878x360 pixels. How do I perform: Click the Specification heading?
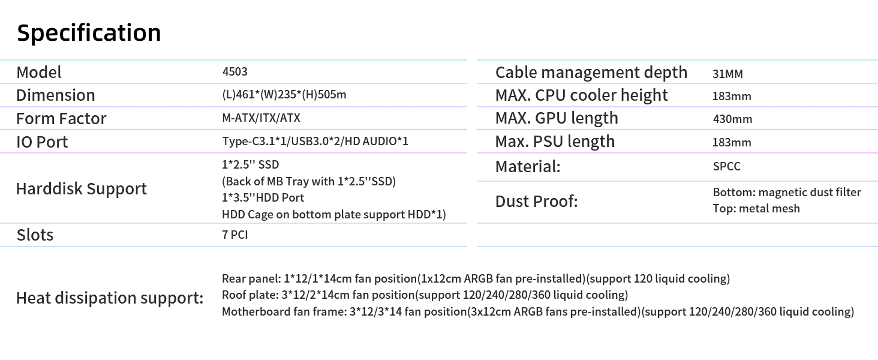point(89,33)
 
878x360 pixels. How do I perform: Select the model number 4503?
point(234,72)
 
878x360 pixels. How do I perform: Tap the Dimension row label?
point(56,95)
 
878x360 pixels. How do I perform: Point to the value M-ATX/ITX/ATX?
point(261,118)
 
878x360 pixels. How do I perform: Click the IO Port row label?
point(42,142)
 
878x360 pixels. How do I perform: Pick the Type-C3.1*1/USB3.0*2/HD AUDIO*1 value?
point(315,141)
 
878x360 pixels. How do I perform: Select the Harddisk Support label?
point(82,189)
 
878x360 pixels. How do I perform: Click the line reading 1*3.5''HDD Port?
point(263,197)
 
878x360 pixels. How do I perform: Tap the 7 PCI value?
point(234,235)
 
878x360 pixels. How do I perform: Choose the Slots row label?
point(35,235)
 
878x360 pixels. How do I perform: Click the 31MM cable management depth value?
point(727,74)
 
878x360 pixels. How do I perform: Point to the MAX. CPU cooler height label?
point(581,95)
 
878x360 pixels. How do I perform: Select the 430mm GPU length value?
point(733,119)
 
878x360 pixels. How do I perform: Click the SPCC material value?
point(727,166)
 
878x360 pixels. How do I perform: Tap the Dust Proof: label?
point(537,202)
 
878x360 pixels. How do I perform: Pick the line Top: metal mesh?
point(756,209)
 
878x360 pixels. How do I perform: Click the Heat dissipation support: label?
point(110,298)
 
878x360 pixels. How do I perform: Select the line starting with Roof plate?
point(425,295)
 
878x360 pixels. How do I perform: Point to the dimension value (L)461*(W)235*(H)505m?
point(284,95)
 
